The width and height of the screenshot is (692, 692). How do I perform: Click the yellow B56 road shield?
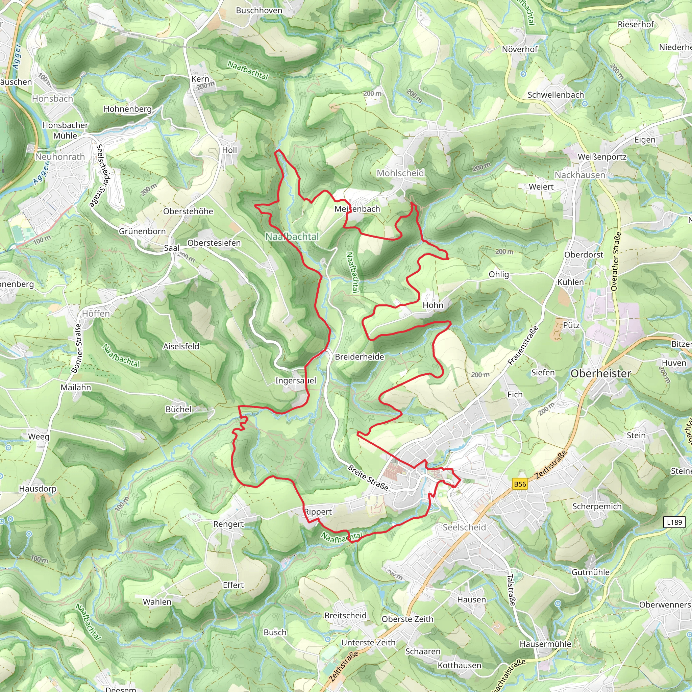520,484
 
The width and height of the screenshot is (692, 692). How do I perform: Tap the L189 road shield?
674,522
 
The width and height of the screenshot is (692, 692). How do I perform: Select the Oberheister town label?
601,374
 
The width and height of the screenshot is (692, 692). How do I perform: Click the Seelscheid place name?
464,527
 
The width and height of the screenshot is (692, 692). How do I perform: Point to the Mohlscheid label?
400,173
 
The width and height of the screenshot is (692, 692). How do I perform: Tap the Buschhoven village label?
259,10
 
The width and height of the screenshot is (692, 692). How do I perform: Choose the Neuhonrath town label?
60,157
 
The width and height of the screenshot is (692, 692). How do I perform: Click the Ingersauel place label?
296,380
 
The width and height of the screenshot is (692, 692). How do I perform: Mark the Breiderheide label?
359,357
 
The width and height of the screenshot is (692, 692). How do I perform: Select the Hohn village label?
433,305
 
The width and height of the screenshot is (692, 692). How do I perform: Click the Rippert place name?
318,512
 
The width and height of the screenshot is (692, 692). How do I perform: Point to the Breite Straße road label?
368,477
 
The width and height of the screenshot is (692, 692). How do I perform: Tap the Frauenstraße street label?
523,345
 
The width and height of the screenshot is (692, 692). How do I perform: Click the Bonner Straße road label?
77,348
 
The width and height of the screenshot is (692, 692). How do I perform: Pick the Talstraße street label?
511,590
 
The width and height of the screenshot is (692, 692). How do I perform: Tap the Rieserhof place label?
636,24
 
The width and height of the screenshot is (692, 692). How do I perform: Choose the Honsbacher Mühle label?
65,130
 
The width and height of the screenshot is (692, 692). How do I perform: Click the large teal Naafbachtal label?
292,237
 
